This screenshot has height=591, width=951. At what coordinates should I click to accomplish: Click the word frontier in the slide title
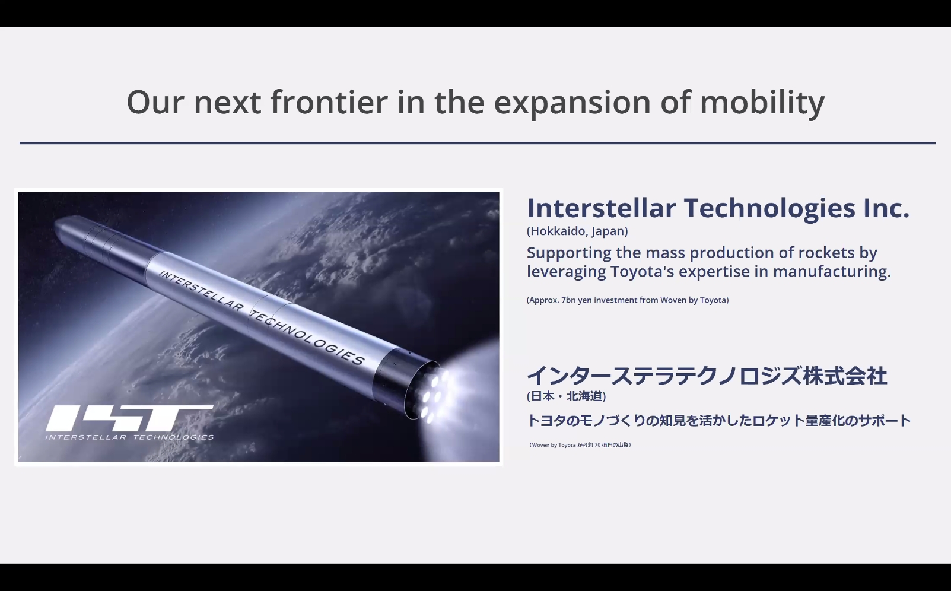coord(329,101)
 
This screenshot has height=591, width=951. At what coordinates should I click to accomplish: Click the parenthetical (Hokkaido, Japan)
coord(577,231)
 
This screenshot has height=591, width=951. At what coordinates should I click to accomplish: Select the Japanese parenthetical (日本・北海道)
coord(566,396)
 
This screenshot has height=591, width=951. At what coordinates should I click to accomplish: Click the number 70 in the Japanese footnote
coord(597,445)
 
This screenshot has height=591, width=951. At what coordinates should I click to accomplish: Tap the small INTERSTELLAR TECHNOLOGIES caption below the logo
coord(129,437)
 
